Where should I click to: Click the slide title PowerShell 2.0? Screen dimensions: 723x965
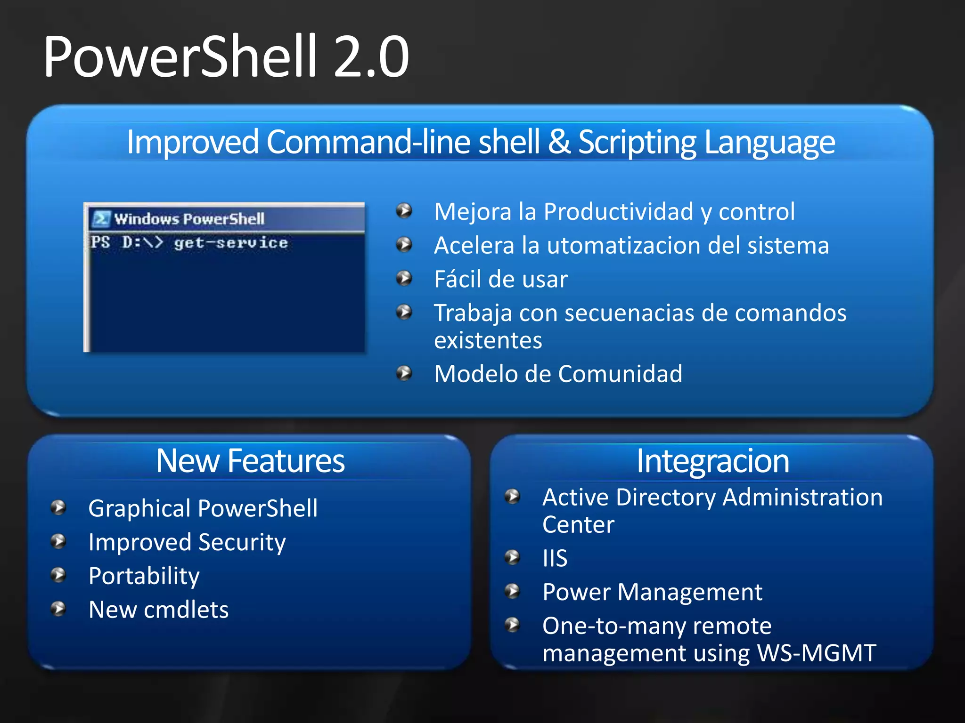[226, 57]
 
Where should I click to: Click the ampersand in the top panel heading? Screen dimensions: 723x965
[559, 142]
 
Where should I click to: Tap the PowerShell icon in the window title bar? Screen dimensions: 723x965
[101, 219]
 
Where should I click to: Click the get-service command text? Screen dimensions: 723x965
[231, 243]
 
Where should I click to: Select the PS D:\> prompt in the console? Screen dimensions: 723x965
[126, 243]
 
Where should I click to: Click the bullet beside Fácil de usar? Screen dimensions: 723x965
[404, 278]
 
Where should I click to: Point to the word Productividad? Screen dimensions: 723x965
[618, 211]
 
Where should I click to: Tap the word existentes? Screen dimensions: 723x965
[488, 340]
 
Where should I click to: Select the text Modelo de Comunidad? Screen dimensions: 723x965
[558, 374]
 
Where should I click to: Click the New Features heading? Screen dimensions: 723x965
[250, 461]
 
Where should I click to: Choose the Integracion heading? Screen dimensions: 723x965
[712, 461]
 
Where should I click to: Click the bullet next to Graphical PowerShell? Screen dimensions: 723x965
[58, 507]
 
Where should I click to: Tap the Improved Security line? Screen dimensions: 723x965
[187, 542]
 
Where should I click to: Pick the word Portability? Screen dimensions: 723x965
[144, 576]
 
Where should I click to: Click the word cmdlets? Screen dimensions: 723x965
[186, 610]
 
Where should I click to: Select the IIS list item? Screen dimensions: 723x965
[555, 559]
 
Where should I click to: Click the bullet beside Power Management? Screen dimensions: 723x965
[512, 591]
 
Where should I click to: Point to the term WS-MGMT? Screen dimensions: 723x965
[816, 653]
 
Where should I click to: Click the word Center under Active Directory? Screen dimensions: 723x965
[578, 525]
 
